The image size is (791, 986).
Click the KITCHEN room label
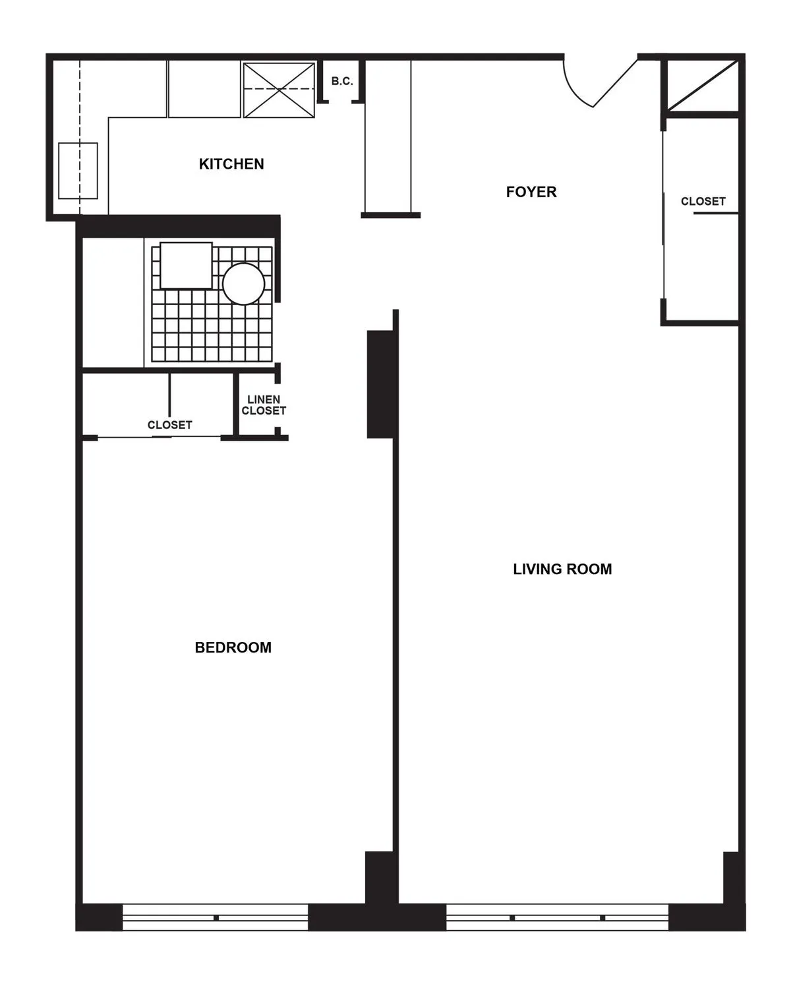tap(231, 164)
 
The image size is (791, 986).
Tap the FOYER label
tap(531, 192)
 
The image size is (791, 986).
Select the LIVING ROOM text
tap(562, 569)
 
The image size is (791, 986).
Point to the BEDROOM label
tap(233, 647)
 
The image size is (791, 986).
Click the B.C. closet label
tap(342, 82)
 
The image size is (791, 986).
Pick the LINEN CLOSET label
tap(264, 405)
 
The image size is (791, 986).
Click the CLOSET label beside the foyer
tap(703, 201)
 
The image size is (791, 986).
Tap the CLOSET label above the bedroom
tap(170, 425)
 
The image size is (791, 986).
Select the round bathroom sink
tap(243, 283)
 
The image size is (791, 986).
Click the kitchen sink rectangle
tap(78, 171)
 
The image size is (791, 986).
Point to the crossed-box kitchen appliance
tap(279, 90)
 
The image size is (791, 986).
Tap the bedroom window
tap(216, 917)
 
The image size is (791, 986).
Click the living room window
tap(558, 917)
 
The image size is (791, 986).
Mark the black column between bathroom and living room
tap(380, 384)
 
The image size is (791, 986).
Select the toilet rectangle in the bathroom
tap(186, 265)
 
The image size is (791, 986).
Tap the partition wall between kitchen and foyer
tap(388, 138)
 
